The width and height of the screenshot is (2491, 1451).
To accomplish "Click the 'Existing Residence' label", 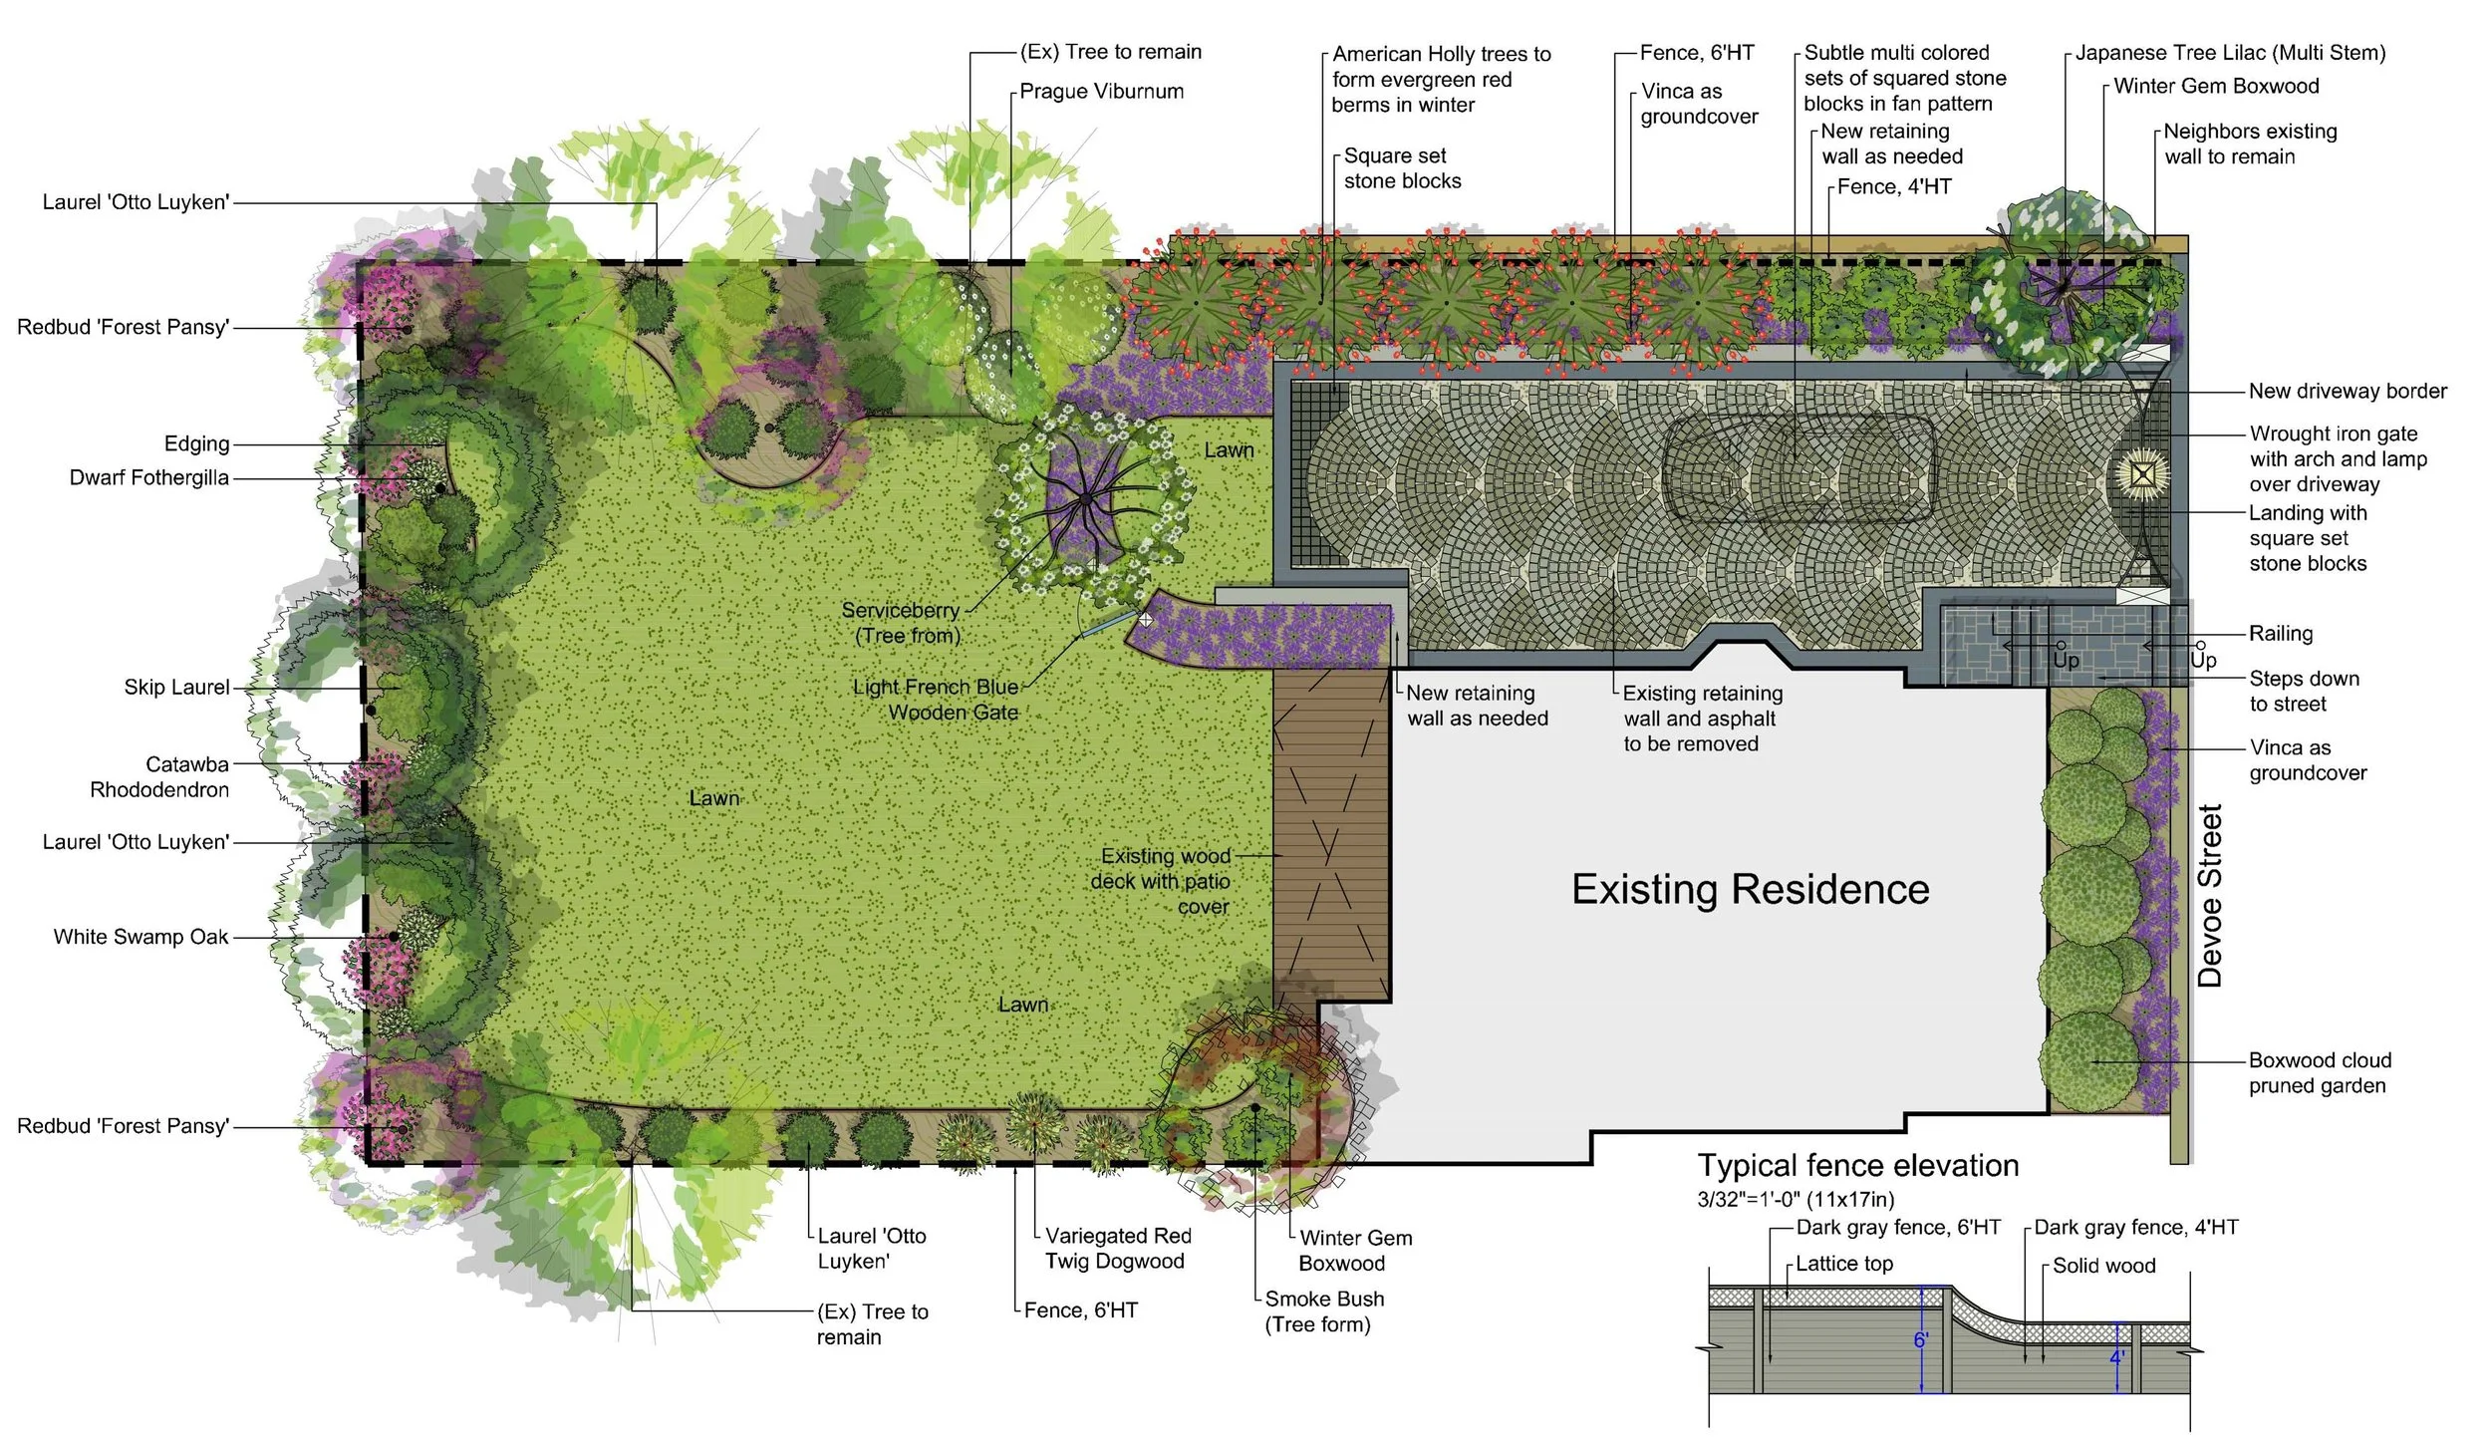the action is (x=1750, y=889).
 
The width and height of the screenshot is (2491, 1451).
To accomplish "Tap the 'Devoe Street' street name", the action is (x=2210, y=896).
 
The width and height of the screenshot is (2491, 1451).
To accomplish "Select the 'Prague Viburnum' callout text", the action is (x=1102, y=92).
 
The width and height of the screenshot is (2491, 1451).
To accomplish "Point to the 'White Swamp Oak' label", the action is (x=140, y=937).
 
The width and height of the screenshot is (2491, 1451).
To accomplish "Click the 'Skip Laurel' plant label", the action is (x=176, y=688).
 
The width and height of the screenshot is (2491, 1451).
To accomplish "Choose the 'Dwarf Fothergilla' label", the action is (x=149, y=478).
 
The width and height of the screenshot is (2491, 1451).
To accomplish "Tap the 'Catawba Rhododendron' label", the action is (x=159, y=777).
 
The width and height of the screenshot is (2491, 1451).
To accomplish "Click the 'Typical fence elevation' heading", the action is (x=1858, y=1165).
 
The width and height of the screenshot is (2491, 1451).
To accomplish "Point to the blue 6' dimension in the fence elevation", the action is (x=1921, y=1340).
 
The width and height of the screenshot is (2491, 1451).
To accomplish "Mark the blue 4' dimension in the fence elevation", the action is (x=2116, y=1357).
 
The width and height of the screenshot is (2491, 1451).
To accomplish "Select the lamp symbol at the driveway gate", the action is (x=2142, y=471).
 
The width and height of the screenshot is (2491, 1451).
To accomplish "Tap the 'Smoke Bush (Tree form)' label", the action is (x=1323, y=1311).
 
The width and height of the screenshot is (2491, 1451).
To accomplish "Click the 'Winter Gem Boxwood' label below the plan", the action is (x=1355, y=1251).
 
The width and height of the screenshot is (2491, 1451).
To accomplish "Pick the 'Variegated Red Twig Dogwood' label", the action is (x=1118, y=1249).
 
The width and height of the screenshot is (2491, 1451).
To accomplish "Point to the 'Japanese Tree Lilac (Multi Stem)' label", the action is (x=2230, y=53).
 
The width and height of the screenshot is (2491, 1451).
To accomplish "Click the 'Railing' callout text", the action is (x=2281, y=634).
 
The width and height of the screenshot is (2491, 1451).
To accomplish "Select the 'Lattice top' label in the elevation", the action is (x=1844, y=1264).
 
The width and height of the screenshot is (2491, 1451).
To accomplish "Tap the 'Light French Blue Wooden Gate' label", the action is (x=936, y=700).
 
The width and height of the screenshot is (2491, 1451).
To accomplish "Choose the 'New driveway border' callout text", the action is (x=2348, y=392).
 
